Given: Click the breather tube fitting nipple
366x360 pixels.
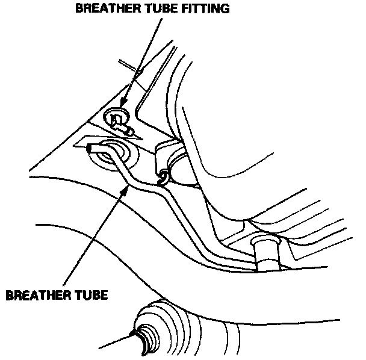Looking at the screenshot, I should coord(123,127).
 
